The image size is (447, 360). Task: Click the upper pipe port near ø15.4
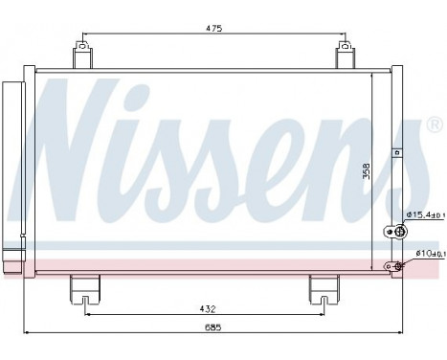390,231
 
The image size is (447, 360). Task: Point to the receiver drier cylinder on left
12,172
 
